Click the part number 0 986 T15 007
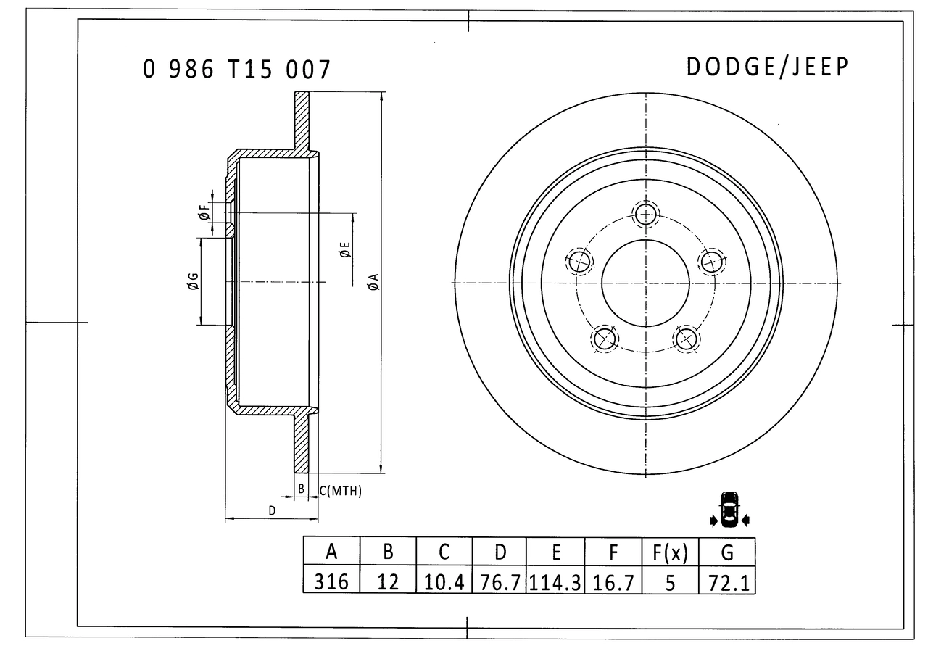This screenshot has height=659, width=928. point(236,69)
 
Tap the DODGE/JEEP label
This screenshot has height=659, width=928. point(767,67)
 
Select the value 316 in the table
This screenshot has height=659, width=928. point(331,582)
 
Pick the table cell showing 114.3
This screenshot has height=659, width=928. point(555,583)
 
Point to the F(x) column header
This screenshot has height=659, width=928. point(670,552)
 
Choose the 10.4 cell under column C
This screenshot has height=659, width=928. point(444,582)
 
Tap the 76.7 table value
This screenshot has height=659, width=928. point(500,583)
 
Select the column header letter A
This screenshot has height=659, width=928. point(331,551)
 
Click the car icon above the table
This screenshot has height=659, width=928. point(729,509)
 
